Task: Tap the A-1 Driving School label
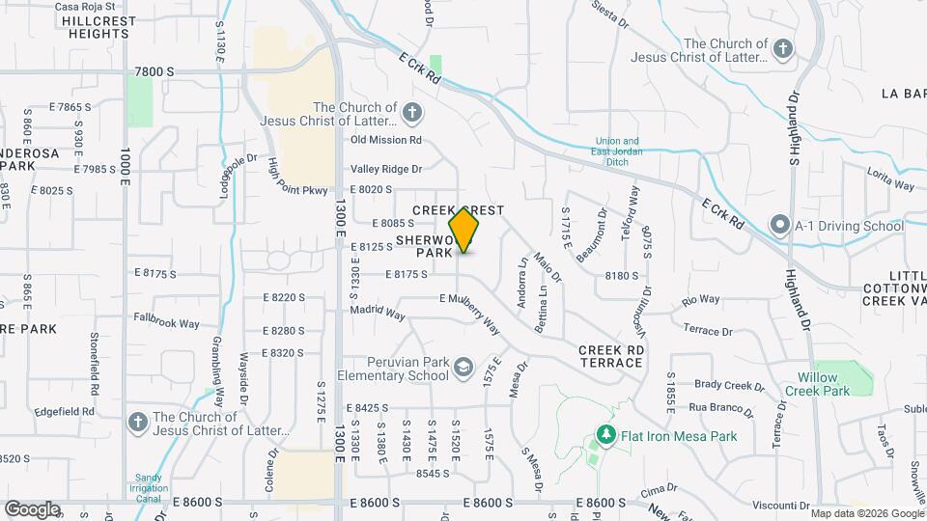(x=850, y=227)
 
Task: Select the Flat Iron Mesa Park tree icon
(x=605, y=436)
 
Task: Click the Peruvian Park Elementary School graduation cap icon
(x=464, y=367)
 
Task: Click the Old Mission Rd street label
(x=386, y=140)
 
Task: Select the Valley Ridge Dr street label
(x=386, y=169)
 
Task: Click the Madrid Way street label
(x=378, y=313)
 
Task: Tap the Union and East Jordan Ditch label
(x=616, y=151)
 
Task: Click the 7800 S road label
(x=154, y=71)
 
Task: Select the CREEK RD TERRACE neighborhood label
(x=610, y=355)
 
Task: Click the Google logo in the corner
(x=32, y=508)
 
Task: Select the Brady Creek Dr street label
(x=729, y=384)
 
